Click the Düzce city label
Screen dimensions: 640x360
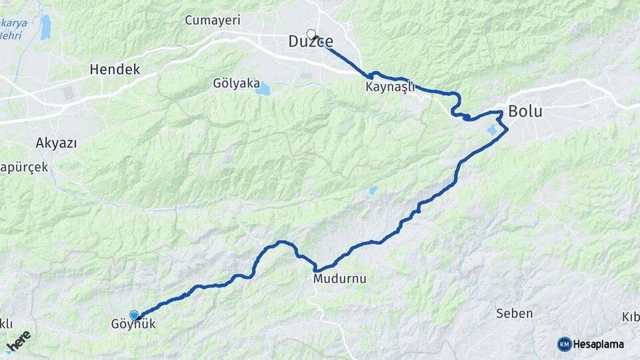pyautogui.click(x=310, y=42)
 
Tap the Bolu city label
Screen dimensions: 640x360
pyautogui.click(x=525, y=111)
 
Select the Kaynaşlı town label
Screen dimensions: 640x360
pyautogui.click(x=391, y=87)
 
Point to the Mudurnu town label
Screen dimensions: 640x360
pyautogui.click(x=340, y=279)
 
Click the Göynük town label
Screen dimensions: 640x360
pyautogui.click(x=134, y=325)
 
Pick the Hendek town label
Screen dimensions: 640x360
pyautogui.click(x=115, y=69)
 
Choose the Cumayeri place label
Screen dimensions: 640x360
pyautogui.click(x=213, y=21)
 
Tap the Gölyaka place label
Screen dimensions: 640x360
pyautogui.click(x=236, y=83)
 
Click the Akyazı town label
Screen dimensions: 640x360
pyautogui.click(x=56, y=143)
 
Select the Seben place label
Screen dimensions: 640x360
pyautogui.click(x=515, y=313)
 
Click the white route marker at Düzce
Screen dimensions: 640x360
pyautogui.click(x=311, y=33)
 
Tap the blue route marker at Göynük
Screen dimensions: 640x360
pyautogui.click(x=134, y=315)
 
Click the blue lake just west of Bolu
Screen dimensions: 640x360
pyautogui.click(x=494, y=129)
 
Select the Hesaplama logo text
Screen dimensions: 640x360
pyautogui.click(x=598, y=344)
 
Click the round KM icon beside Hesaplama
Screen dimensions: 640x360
pyautogui.click(x=564, y=344)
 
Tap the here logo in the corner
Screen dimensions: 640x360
pyautogui.click(x=17, y=341)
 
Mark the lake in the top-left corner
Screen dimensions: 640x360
pyautogui.click(x=45, y=27)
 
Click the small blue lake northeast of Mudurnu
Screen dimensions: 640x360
pyautogui.click(x=373, y=191)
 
